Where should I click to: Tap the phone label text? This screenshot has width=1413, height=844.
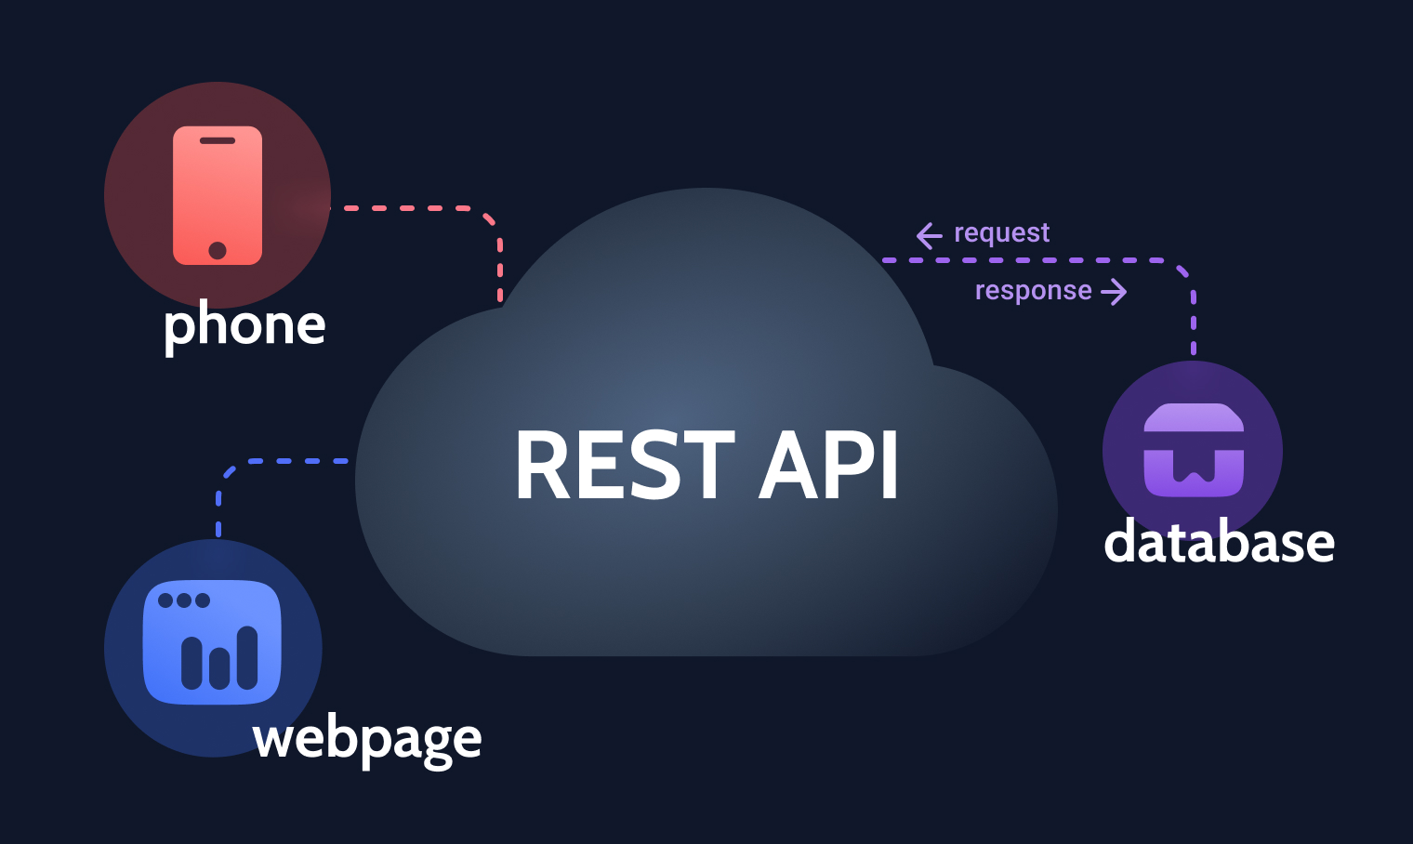[244, 325]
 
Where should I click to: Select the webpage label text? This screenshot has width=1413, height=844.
[367, 739]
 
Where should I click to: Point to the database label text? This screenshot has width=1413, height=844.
[1219, 542]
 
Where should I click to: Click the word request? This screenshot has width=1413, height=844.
[1001, 232]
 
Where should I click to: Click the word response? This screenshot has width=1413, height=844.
[1033, 291]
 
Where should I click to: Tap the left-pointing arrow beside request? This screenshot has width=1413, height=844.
[929, 235]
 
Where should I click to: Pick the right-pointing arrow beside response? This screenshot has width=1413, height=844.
[1114, 292]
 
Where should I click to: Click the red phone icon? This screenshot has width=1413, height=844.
[218, 195]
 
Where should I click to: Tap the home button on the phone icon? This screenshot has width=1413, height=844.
[218, 250]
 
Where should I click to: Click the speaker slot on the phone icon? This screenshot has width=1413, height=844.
[218, 141]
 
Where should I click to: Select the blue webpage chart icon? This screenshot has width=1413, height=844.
[212, 642]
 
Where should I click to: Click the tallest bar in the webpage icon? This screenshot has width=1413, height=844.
[247, 657]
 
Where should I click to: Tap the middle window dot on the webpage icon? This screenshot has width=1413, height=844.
[184, 600]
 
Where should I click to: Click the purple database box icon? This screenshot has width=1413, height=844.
[1194, 450]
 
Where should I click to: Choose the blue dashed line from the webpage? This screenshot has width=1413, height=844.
[279, 461]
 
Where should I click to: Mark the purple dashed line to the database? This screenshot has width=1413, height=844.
[1023, 260]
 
